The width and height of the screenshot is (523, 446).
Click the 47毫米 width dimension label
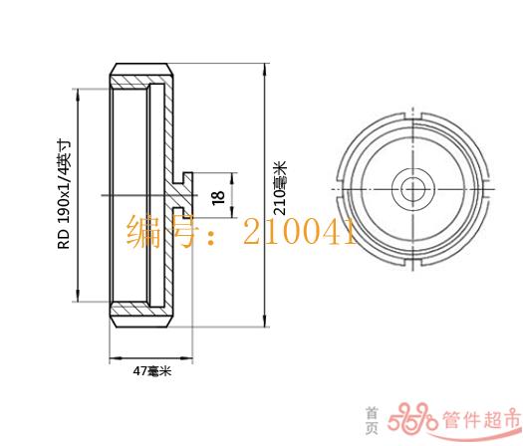click(152, 370)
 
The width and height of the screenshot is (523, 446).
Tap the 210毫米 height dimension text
click(280, 188)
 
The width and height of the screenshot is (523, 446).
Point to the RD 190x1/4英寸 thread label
click(65, 194)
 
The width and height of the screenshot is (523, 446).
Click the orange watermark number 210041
click(300, 231)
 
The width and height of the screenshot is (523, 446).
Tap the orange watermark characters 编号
click(162, 231)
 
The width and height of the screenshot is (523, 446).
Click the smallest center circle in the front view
click(413, 190)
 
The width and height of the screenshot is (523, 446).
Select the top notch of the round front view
click(413, 116)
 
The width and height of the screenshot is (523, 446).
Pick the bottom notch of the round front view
click(413, 263)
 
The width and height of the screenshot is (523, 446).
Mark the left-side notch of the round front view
click(340, 189)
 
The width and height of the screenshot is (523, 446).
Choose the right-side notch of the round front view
click(486, 189)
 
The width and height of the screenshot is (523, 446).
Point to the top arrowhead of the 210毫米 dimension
click(265, 71)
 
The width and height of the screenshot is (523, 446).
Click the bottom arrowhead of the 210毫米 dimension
click(265, 320)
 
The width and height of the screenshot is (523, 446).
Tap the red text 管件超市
click(481, 419)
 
